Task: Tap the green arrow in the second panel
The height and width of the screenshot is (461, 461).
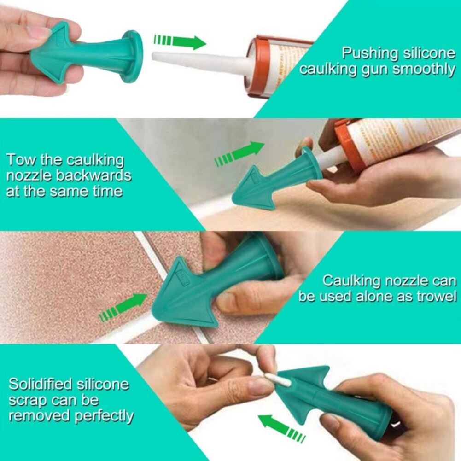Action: (x=240, y=154)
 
